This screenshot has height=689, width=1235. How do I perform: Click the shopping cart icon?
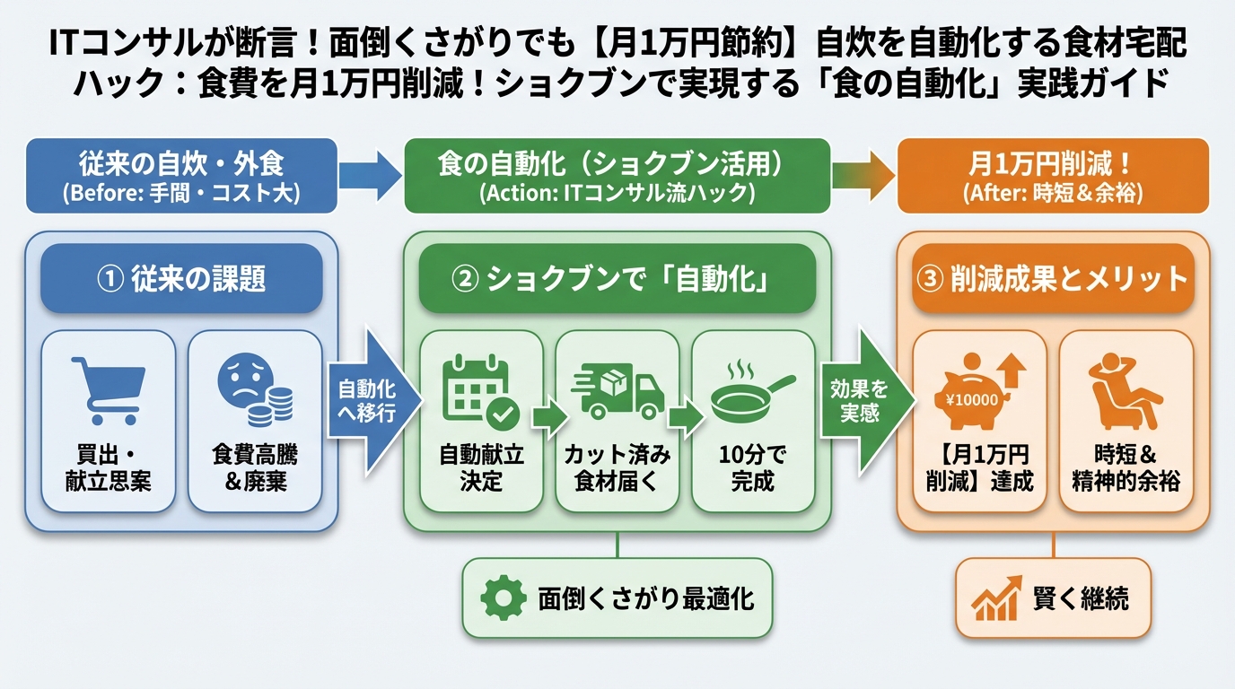[109, 390]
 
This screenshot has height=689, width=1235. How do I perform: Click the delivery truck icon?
[617, 393]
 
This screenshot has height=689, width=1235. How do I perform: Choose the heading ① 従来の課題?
[180, 279]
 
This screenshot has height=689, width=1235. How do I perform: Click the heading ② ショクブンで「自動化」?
[617, 279]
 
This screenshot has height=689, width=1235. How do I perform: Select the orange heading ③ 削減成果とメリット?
[1052, 279]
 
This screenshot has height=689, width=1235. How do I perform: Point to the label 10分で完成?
[752, 468]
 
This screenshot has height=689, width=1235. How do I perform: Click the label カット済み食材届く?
[617, 468]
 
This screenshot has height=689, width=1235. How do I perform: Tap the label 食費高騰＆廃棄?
[255, 468]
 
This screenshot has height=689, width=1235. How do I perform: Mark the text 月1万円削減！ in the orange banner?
[1052, 165]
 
